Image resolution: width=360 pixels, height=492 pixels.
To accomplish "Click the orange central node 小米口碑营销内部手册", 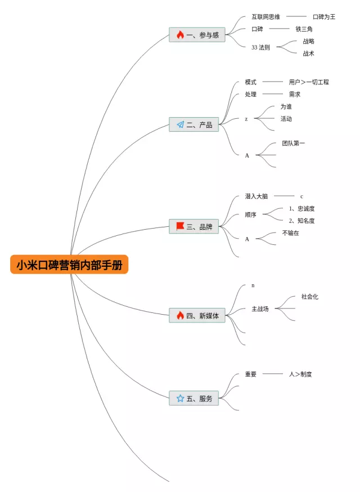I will [69, 265].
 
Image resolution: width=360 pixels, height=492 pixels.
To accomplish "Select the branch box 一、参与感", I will [194, 35].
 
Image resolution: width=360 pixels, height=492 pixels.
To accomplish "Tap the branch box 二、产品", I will [194, 124].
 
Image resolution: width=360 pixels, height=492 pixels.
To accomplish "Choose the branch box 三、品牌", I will [194, 227].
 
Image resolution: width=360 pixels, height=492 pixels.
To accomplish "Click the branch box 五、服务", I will [194, 399].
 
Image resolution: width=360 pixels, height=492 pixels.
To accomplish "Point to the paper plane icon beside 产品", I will [180, 124].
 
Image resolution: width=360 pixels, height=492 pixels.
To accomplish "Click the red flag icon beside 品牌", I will [180, 226].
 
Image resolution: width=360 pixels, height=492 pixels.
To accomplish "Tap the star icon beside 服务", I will [180, 399].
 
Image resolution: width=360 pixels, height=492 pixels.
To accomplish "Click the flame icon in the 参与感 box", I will [180, 35].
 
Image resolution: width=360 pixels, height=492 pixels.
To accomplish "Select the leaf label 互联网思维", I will [265, 17].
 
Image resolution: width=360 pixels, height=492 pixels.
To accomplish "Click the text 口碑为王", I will [324, 17].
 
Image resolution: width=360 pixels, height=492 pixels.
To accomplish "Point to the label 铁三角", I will [304, 29].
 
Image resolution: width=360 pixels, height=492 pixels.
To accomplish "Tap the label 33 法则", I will [260, 47].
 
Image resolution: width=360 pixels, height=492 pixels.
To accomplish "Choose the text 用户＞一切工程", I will [309, 82].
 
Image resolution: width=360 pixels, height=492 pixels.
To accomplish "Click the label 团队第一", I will [294, 144].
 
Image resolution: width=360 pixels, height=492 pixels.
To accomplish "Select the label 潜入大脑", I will [256, 196].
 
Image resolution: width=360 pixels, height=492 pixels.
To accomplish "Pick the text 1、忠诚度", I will [302, 209].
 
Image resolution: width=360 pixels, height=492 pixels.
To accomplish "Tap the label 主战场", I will [260, 309].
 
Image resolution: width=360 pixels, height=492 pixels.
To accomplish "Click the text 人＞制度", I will [300, 374].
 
